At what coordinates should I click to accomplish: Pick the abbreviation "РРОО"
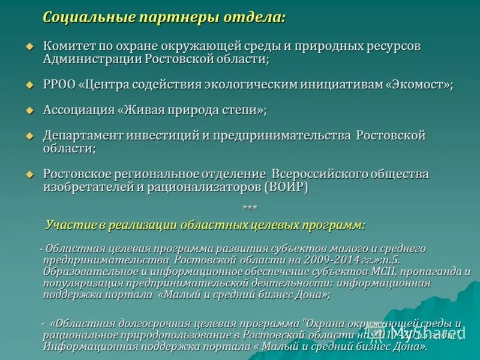[59, 85]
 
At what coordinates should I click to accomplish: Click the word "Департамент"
[83, 136]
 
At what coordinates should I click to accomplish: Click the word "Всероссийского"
[319, 174]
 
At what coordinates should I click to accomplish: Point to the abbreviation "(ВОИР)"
[286, 187]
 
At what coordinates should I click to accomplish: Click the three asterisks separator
[250, 208]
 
